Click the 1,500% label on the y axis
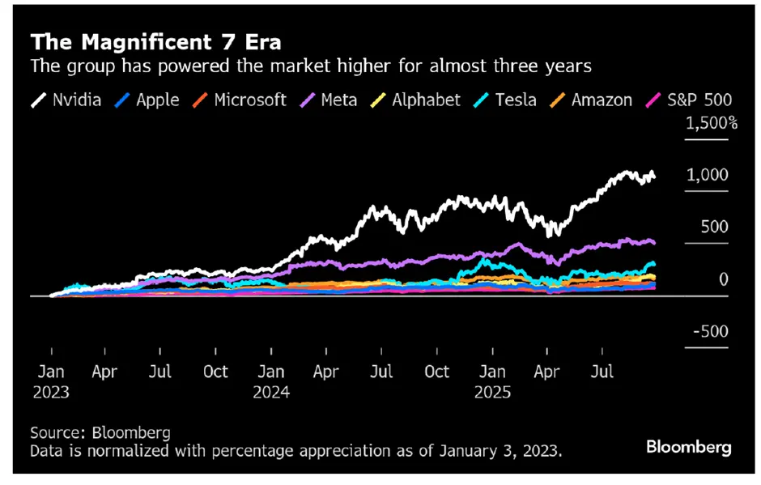click(711, 124)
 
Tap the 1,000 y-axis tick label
click(708, 176)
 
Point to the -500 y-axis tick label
click(709, 332)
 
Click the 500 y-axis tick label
click(714, 228)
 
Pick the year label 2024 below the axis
click(271, 392)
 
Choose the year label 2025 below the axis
click(492, 392)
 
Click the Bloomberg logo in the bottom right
click(688, 447)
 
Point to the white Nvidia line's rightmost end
click(654, 177)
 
